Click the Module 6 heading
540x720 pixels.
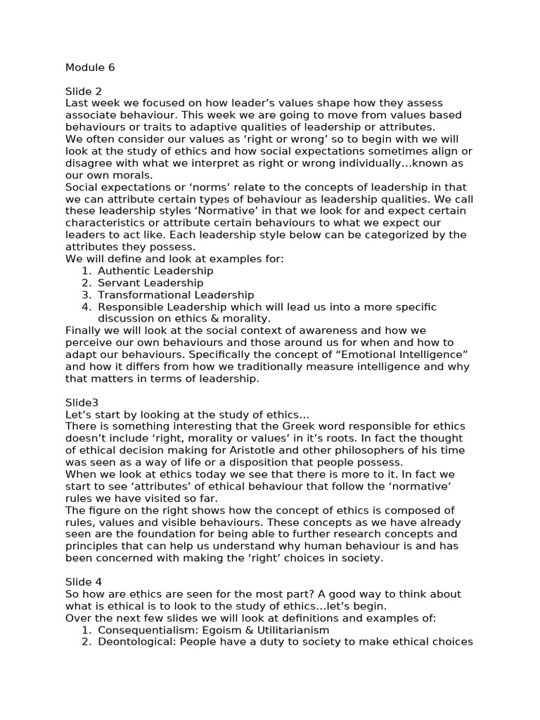tap(90, 67)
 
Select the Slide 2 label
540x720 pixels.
tap(84, 91)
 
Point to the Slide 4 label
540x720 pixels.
tap(84, 581)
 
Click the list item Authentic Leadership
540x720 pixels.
tap(155, 271)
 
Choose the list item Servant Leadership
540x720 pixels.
tap(150, 283)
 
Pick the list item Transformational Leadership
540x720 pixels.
tap(176, 295)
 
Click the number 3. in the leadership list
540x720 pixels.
tap(86, 295)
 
